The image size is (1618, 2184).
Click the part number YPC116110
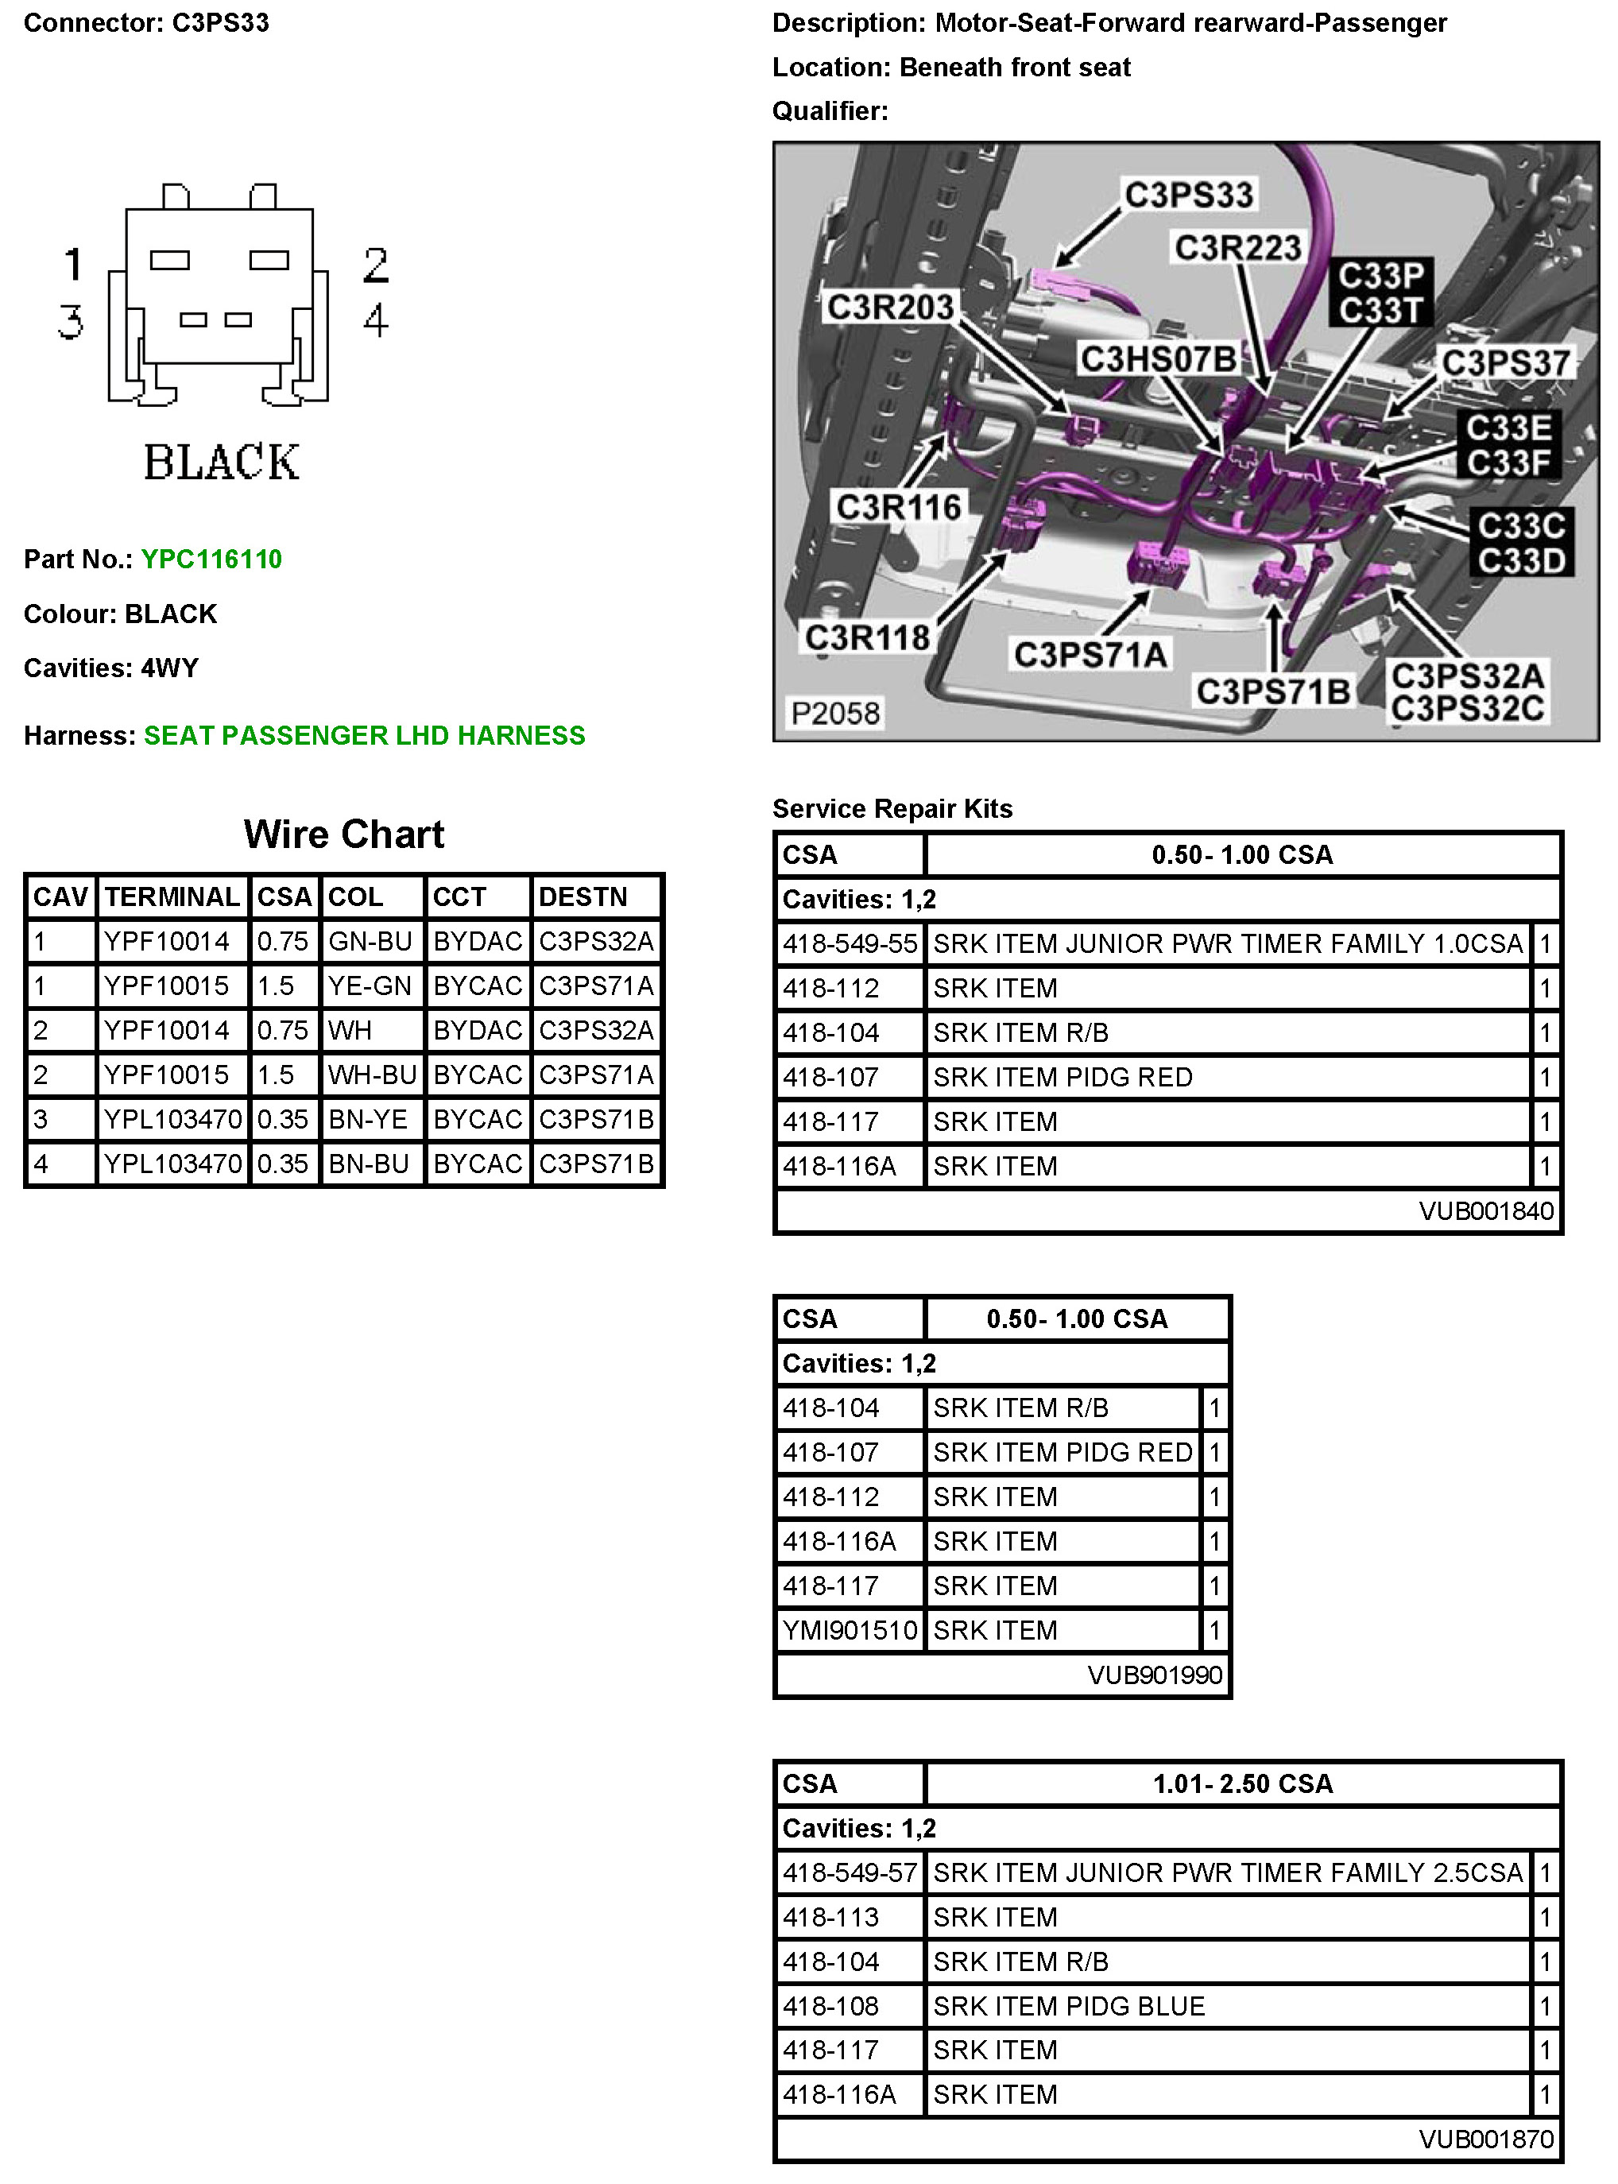click(x=211, y=560)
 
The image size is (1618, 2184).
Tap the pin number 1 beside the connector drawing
click(x=73, y=265)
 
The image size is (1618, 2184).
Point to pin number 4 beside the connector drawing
click(x=376, y=320)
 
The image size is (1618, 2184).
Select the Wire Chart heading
click(x=344, y=834)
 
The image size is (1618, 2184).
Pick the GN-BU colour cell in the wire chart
click(x=370, y=942)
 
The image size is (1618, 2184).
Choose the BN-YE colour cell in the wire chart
click(x=368, y=1120)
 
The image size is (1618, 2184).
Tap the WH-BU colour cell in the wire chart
click(x=372, y=1075)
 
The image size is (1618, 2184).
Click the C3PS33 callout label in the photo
click(x=1188, y=194)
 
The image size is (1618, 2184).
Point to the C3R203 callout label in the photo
click(x=890, y=307)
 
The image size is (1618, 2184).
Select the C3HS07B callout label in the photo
click(x=1158, y=358)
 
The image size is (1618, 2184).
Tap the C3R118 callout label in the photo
click(x=868, y=637)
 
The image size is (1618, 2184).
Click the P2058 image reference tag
click(x=835, y=713)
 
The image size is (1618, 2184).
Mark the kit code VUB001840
click(x=1486, y=1211)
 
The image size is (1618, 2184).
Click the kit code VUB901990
click(x=1155, y=1675)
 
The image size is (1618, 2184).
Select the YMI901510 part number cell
click(x=850, y=1631)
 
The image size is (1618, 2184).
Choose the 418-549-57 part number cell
click(x=850, y=1873)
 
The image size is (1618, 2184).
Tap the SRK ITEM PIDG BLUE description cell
click(x=1069, y=2007)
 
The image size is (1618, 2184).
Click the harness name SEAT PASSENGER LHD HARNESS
click(x=364, y=735)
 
